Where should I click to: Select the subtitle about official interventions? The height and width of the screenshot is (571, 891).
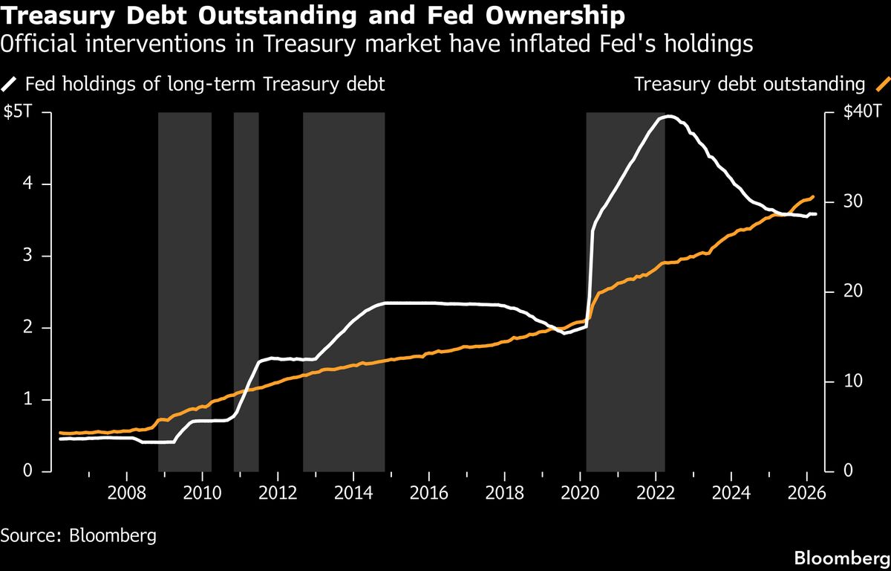pyautogui.click(x=377, y=45)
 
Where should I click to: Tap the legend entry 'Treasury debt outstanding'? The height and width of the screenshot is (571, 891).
pyautogui.click(x=750, y=83)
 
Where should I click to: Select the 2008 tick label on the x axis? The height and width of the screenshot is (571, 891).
pyautogui.click(x=126, y=494)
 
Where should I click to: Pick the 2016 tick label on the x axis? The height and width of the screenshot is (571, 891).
pyautogui.click(x=428, y=494)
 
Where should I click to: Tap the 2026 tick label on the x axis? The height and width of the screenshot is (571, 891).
pyautogui.click(x=806, y=494)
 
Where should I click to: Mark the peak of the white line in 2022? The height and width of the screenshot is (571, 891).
pyautogui.click(x=668, y=116)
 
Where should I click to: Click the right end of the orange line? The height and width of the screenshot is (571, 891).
pyautogui.click(x=814, y=196)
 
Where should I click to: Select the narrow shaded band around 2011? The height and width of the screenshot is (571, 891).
pyautogui.click(x=246, y=290)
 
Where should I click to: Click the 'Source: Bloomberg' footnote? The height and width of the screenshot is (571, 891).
pyautogui.click(x=79, y=535)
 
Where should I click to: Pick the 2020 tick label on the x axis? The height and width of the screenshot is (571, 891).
pyautogui.click(x=579, y=494)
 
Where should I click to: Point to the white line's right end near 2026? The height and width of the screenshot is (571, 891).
pyautogui.click(x=815, y=214)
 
